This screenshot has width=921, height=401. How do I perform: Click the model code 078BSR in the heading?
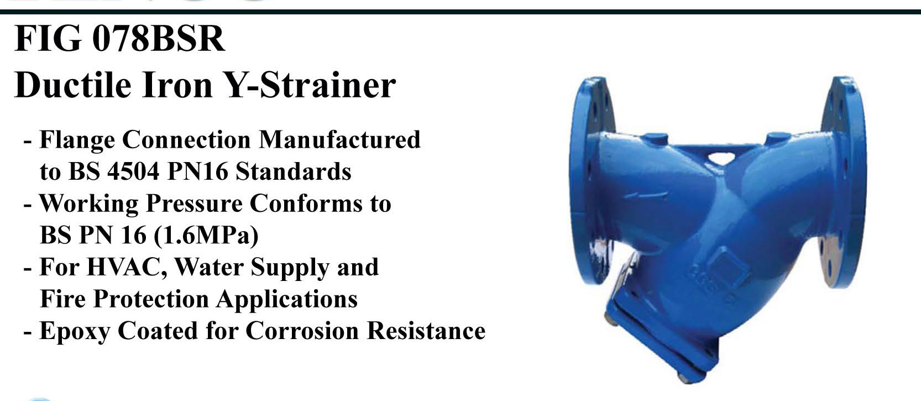(x=159, y=39)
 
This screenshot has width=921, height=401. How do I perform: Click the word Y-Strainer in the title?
(x=311, y=86)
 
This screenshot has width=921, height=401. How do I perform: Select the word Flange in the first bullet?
(x=77, y=140)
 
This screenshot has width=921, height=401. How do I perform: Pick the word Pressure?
(x=194, y=204)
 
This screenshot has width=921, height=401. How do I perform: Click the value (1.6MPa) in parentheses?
(x=206, y=235)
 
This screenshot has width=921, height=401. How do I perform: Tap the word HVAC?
(x=127, y=268)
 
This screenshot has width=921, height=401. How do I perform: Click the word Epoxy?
(x=75, y=331)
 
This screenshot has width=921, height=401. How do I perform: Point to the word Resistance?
(x=426, y=331)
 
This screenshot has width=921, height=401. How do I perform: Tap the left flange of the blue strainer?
(x=592, y=181)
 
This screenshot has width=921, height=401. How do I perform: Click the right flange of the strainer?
(x=843, y=181)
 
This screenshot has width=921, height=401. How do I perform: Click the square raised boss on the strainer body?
(x=730, y=267)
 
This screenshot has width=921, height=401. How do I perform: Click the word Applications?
(x=287, y=299)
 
